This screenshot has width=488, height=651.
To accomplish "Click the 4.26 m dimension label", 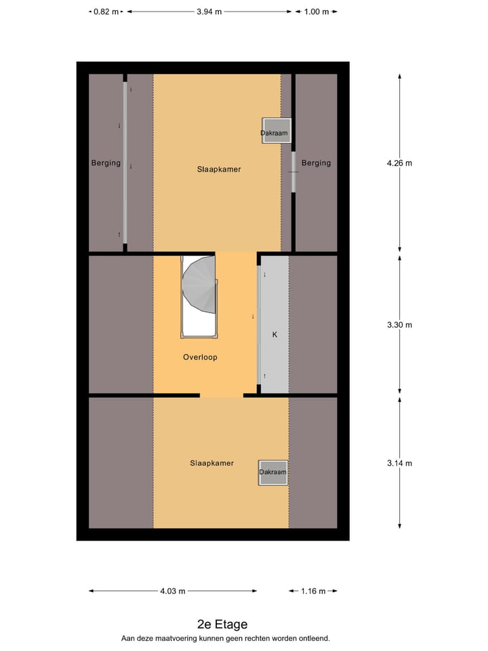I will tap(399, 163).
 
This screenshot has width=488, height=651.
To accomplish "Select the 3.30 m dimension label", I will tap(399, 325).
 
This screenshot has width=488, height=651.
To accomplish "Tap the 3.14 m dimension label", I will tap(399, 463).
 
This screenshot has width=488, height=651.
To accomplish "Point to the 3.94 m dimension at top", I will tap(209, 12).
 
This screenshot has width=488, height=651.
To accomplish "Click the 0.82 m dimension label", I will tap(106, 12).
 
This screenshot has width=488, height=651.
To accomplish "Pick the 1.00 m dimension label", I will tap(316, 12).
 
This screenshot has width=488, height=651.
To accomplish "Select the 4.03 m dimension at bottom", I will tap(172, 591).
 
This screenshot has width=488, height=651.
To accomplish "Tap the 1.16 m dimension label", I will tap(312, 591).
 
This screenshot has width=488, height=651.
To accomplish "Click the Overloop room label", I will tap(200, 357).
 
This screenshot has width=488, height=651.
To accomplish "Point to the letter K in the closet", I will tap(274, 335).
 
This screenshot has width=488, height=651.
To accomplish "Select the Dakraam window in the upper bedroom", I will tap(274, 132).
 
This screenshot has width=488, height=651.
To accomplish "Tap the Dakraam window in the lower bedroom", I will tap(273, 472).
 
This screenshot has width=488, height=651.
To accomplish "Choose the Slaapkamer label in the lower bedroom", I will tap(211, 463).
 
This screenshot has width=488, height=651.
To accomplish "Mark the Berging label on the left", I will tap(106, 163).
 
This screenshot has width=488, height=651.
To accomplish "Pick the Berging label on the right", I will tap(317, 163).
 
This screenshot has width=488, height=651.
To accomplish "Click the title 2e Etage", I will tap(222, 625).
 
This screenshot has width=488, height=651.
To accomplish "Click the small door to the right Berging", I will tap(293, 172).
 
